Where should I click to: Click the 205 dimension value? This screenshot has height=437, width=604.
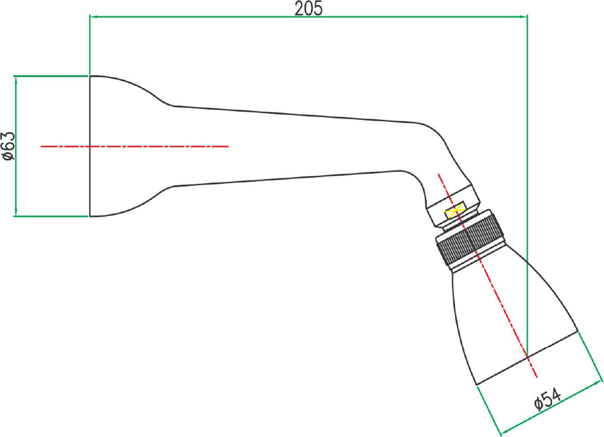point(308,8)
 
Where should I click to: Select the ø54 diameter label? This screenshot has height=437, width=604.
point(548,399)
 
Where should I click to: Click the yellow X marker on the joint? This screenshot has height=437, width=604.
point(454,211)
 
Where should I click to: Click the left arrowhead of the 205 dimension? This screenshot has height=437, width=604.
point(93,17)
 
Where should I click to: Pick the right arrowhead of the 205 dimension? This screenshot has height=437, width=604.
point(523,17)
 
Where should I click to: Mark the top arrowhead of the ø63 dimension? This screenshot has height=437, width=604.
point(16,80)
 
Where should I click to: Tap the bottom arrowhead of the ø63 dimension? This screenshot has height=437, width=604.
point(16,212)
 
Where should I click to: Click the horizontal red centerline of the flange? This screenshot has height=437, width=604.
point(135,146)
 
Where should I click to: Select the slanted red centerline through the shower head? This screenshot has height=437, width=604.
point(487,276)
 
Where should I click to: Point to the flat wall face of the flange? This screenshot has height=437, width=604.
point(90,146)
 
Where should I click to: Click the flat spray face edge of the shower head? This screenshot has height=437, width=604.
point(527,357)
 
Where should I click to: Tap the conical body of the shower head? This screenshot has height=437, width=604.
point(514,320)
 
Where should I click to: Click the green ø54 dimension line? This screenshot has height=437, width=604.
point(551,408)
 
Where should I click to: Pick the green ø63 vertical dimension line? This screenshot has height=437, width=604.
point(16,146)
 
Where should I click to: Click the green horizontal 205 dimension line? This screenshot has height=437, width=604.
point(309,17)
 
